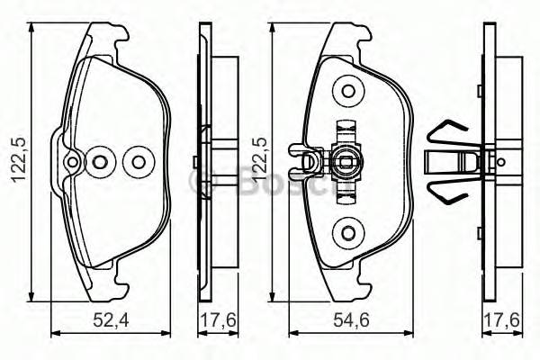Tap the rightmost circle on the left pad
[x=138, y=162]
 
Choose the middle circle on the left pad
[x=101, y=162]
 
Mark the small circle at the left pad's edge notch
[x=71, y=162]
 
